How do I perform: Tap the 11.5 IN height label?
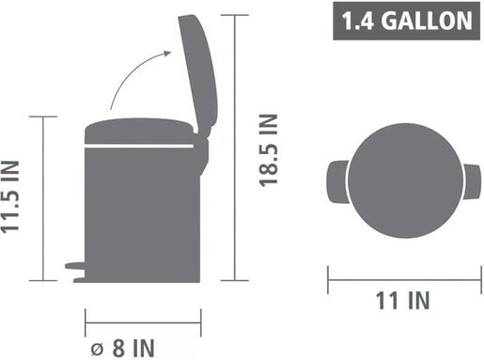click(x=12, y=198)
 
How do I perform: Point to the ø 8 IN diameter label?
click(x=118, y=347)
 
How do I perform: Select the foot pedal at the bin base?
click(x=74, y=267)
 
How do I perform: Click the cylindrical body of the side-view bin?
click(x=141, y=211)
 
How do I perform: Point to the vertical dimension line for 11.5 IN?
click(x=44, y=198)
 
